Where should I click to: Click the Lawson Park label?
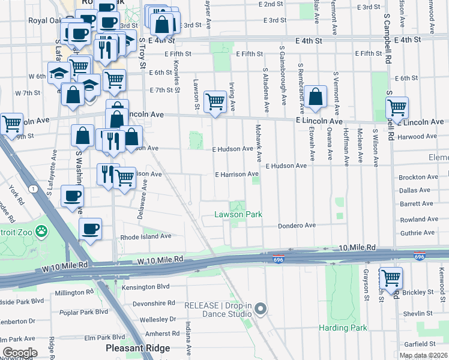click(238, 214)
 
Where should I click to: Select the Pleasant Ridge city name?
click(137, 348)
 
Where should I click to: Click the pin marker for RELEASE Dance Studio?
click(260, 309)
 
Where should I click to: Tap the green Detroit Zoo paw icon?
click(41, 231)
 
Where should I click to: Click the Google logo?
click(20, 353)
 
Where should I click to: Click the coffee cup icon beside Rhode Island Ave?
click(90, 229)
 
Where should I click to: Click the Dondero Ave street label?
click(297, 226)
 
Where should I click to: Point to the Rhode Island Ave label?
click(146, 236)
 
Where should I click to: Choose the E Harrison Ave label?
click(237, 174)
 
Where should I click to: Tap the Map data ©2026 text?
click(423, 355)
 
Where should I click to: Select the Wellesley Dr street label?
click(156, 319)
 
